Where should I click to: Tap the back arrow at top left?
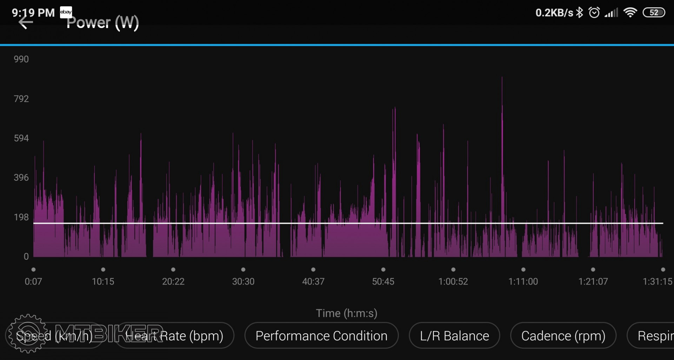pyautogui.click(x=25, y=22)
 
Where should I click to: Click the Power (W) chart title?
pyautogui.click(x=103, y=22)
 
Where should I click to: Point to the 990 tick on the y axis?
pyautogui.click(x=21, y=59)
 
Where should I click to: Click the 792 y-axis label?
pyautogui.click(x=21, y=99)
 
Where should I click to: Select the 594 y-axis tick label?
pyautogui.click(x=21, y=138)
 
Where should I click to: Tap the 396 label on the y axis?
pyautogui.click(x=21, y=178)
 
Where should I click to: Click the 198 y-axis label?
pyautogui.click(x=21, y=217)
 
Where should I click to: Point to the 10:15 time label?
pyautogui.click(x=103, y=281)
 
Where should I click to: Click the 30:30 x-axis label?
pyautogui.click(x=243, y=281)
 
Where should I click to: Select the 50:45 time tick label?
pyautogui.click(x=383, y=281)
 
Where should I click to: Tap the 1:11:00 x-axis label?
pyautogui.click(x=523, y=281)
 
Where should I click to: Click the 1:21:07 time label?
pyautogui.click(x=593, y=281)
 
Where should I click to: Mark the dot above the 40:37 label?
pyautogui.click(x=313, y=269)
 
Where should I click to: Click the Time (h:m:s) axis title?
pyautogui.click(x=346, y=313)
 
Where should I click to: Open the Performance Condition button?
pyautogui.click(x=321, y=336)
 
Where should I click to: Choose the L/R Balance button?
pyautogui.click(x=454, y=336)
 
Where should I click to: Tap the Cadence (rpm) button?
pyautogui.click(x=563, y=336)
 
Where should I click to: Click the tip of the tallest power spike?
pyautogui.click(x=502, y=77)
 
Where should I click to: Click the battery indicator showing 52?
pyautogui.click(x=654, y=13)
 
